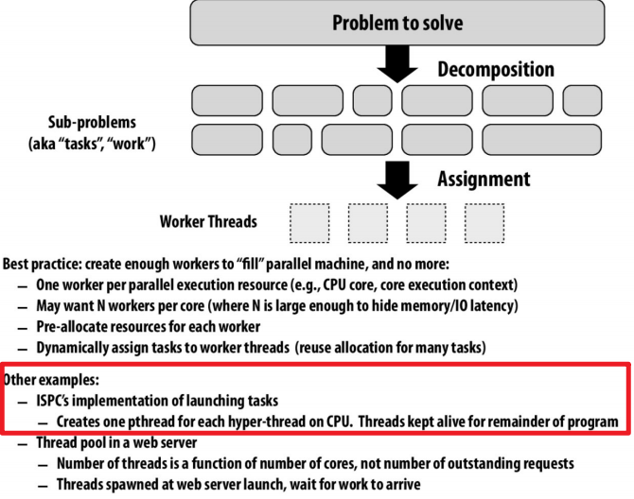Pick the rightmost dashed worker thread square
(484, 223)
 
